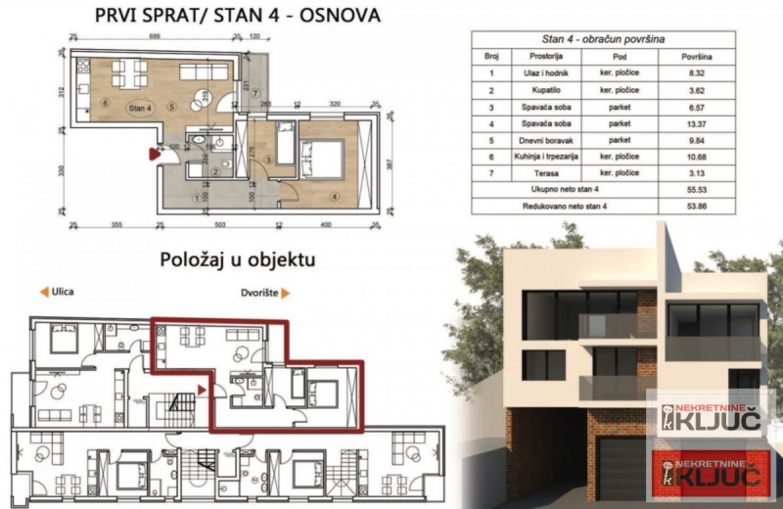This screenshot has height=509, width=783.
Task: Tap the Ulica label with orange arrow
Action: click(57, 292)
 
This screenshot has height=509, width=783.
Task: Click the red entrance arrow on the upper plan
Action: click(152, 153)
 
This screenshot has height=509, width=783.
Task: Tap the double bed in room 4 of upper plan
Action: click(323, 154)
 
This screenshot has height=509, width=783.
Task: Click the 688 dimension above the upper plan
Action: click(155, 35)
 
